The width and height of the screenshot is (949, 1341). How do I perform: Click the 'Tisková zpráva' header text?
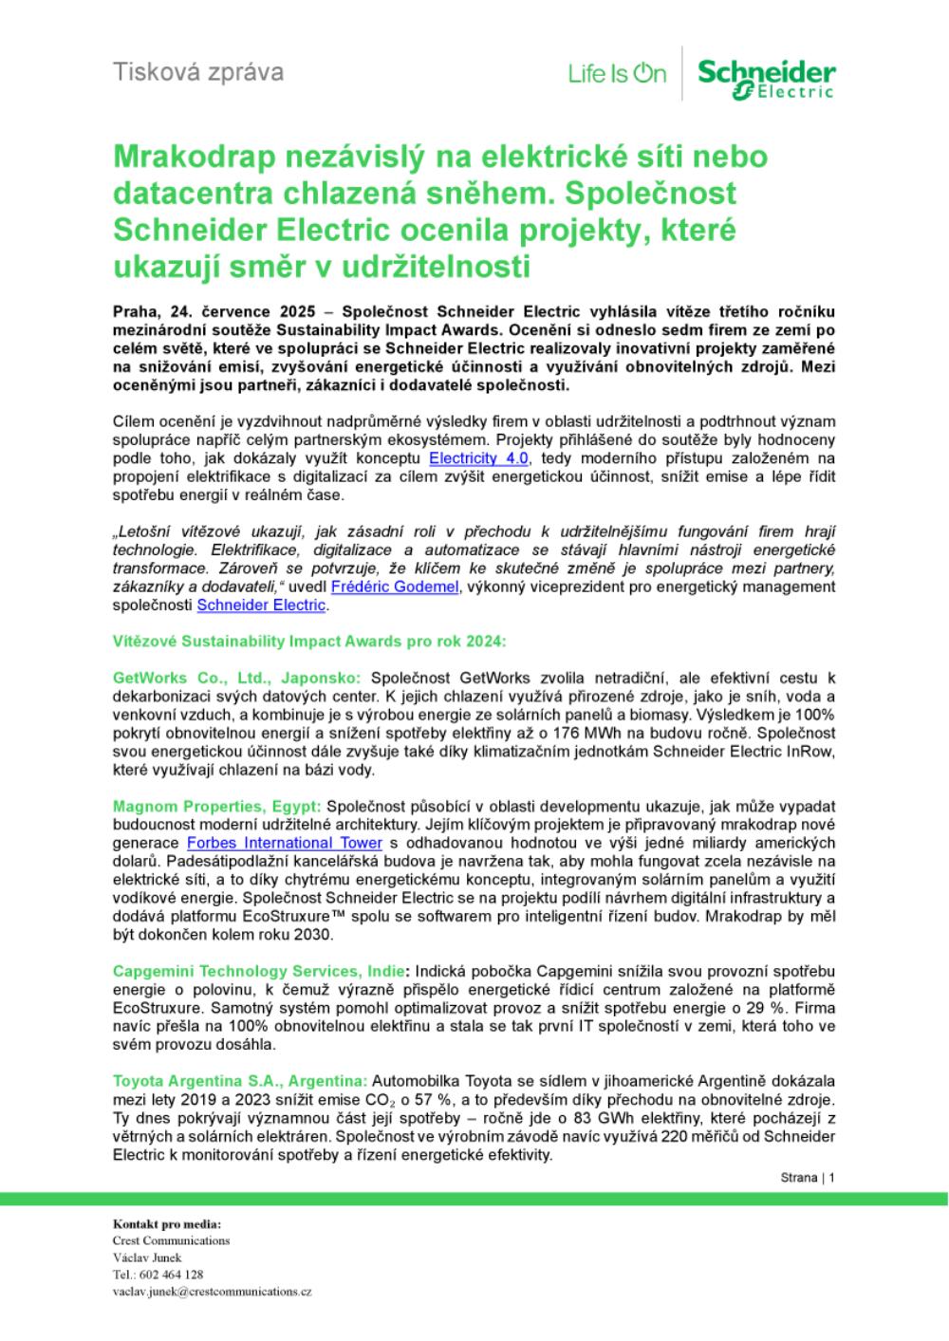pyautogui.click(x=197, y=71)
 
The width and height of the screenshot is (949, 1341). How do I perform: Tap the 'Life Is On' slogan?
pyautogui.click(x=617, y=73)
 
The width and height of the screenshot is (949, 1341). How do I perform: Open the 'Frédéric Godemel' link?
pyautogui.click(x=394, y=587)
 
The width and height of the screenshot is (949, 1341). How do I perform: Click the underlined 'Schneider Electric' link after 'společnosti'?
pyautogui.click(x=261, y=605)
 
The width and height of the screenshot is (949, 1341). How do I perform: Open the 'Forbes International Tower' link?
pyautogui.click(x=285, y=843)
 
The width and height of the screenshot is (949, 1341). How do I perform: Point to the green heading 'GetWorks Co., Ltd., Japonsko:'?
pyautogui.click(x=236, y=678)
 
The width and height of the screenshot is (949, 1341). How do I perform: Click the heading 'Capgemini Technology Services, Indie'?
pyautogui.click(x=259, y=971)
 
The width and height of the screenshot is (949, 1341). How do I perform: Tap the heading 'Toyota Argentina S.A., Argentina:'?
pyautogui.click(x=240, y=1082)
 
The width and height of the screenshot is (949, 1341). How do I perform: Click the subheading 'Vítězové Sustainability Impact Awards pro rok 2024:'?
pyautogui.click(x=309, y=642)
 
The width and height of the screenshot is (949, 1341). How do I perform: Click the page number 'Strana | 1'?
pyautogui.click(x=807, y=1178)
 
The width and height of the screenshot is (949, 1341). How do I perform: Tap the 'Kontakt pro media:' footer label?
pyautogui.click(x=166, y=1224)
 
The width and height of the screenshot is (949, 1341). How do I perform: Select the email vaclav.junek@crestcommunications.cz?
pyautogui.click(x=212, y=1292)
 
